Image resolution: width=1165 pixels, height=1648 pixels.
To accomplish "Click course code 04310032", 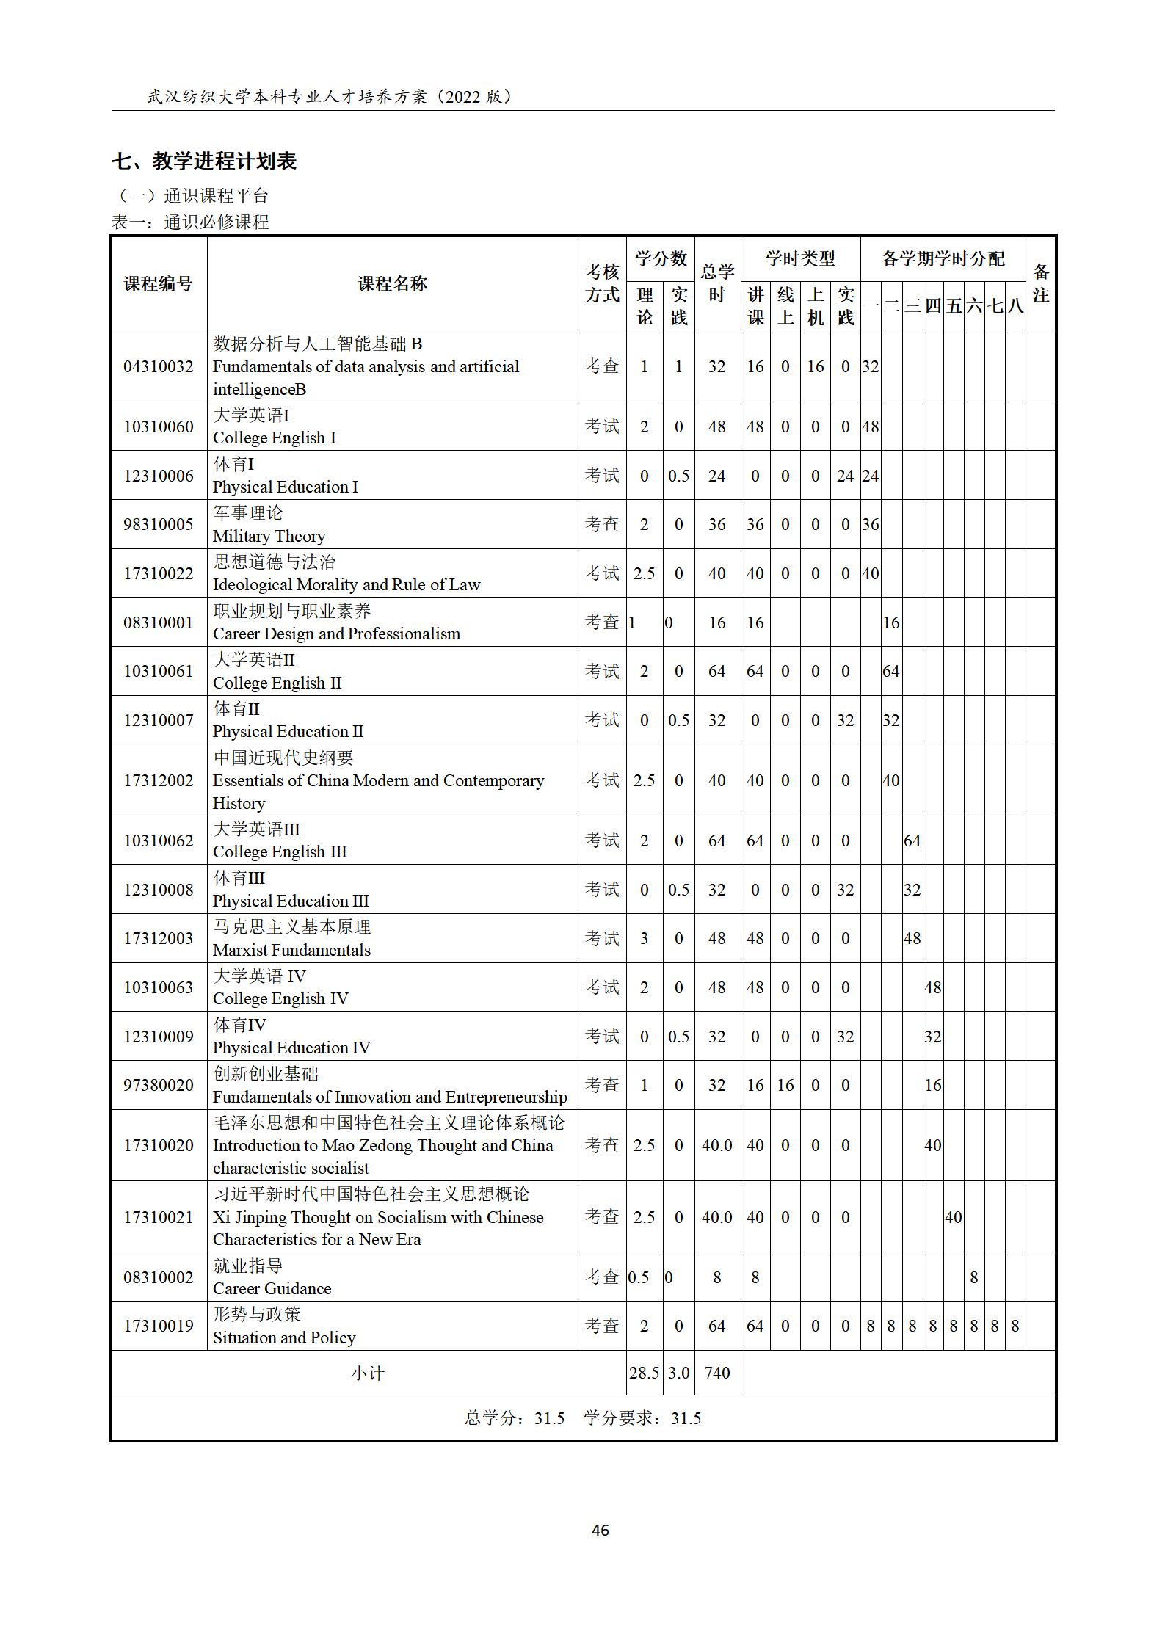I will [x=159, y=366].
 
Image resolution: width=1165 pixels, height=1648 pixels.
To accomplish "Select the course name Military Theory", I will [x=269, y=536].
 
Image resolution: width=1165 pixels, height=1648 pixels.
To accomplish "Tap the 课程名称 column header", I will [x=392, y=283].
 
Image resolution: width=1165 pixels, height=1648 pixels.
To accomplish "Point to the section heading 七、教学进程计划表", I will [x=204, y=161].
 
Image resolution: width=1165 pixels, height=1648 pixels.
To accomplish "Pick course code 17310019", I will [x=159, y=1326].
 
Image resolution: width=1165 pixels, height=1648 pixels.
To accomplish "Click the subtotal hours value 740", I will [x=716, y=1372].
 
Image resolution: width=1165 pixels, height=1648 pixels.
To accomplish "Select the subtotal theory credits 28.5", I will [x=644, y=1372].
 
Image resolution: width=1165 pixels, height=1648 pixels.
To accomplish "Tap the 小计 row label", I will [x=367, y=1373].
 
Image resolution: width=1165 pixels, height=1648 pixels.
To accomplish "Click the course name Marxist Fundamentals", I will [x=291, y=950].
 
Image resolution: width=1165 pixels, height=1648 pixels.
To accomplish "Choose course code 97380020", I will [x=159, y=1085].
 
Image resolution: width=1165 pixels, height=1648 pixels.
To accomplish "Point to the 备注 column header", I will [x=1040, y=283].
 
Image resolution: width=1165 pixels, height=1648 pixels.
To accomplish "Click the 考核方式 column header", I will [x=602, y=283].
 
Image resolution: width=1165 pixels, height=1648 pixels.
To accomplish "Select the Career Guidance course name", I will [x=272, y=1288].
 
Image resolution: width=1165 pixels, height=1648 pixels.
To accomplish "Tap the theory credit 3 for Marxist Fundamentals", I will [x=644, y=938].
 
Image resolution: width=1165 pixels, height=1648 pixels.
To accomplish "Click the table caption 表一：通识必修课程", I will [x=190, y=222].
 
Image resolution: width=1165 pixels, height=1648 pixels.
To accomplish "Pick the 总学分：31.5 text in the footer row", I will [x=515, y=1418].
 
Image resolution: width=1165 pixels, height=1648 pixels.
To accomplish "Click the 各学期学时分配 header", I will [x=943, y=258].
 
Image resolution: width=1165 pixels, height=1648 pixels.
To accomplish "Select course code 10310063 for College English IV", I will [x=159, y=987].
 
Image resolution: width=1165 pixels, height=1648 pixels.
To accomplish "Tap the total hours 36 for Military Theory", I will [x=716, y=524].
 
